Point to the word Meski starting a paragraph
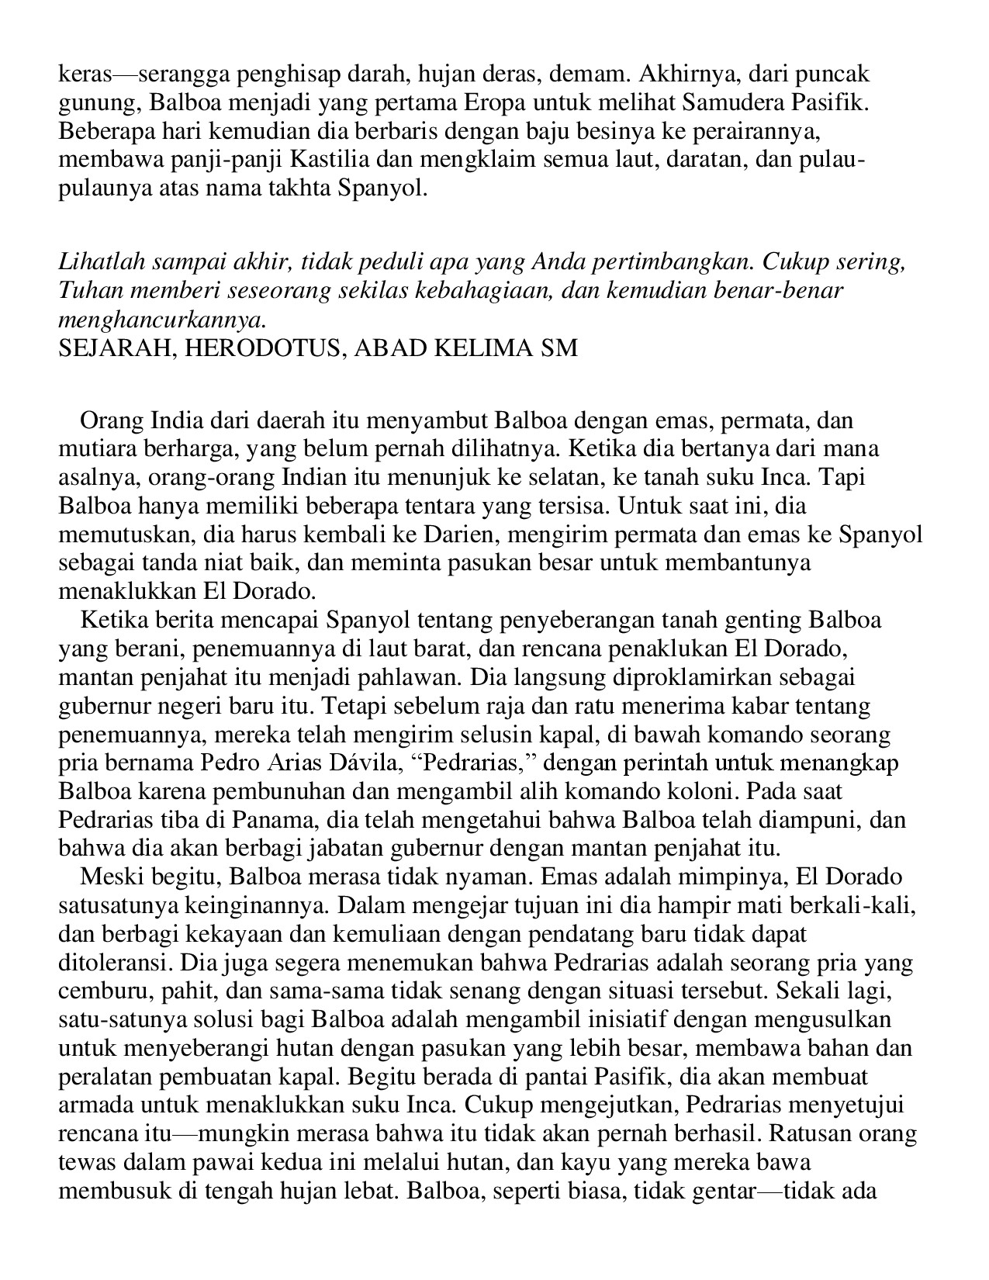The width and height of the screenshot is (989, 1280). click(x=108, y=877)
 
